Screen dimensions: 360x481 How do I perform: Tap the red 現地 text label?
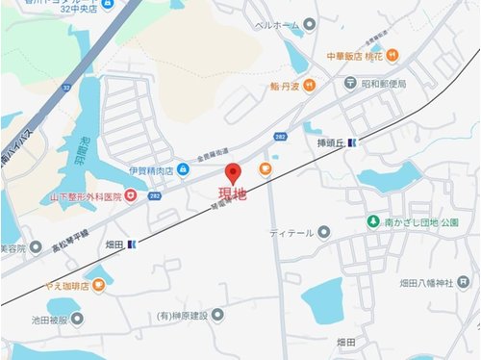[x=232, y=194]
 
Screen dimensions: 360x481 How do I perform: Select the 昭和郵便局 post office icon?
[x=351, y=84]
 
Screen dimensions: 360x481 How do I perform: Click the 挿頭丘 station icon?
[x=351, y=143]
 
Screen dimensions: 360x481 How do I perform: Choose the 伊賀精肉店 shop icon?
[x=183, y=170]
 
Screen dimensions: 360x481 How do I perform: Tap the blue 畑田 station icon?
[x=132, y=244]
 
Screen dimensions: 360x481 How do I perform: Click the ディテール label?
[x=289, y=232]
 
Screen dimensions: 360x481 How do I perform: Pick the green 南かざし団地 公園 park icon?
[x=373, y=222]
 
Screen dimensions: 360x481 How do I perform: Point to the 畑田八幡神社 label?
[x=426, y=283]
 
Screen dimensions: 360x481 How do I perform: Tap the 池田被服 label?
[x=50, y=319]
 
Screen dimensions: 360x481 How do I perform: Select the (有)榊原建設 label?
[x=184, y=314]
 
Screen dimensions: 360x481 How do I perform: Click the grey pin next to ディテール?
[x=324, y=232]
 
